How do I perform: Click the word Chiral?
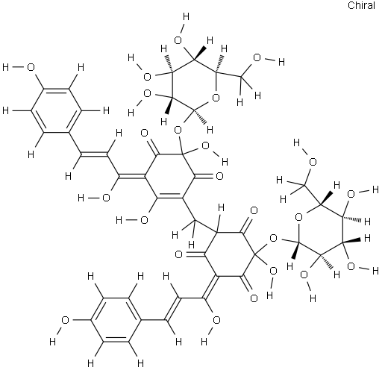[361, 5]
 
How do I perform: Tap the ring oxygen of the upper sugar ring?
[216, 98]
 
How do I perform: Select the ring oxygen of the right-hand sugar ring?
[298, 217]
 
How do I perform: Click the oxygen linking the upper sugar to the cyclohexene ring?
[178, 130]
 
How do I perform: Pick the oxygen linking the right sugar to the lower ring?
[273, 238]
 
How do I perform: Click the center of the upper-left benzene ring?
[56, 110]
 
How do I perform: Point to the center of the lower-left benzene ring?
[116, 320]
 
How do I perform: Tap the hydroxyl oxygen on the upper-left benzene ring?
[31, 67]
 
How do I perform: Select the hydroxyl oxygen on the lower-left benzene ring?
[65, 320]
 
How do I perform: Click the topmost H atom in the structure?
[186, 17]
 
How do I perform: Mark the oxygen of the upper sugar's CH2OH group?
[257, 57]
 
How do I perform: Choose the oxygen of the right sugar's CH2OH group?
[313, 162]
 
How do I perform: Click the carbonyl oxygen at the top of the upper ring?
[144, 133]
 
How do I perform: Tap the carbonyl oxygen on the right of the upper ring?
[219, 176]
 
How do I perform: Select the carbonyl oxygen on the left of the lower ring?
[178, 254]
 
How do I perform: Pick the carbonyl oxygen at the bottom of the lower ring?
[254, 298]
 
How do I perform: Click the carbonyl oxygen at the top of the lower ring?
[254, 211]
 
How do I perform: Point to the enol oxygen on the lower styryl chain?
[216, 320]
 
